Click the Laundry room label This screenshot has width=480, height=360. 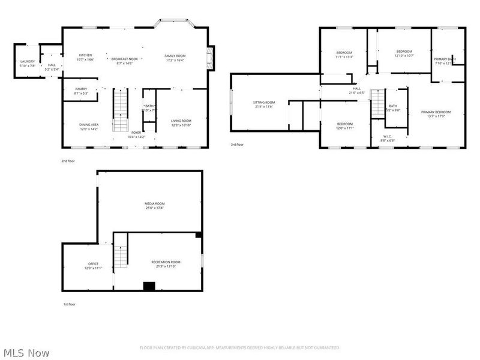(28, 62)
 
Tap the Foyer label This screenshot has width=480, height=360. (137, 135)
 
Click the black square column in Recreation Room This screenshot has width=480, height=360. (149, 286)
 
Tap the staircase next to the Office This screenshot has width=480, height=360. (121, 252)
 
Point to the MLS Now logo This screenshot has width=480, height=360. (25, 351)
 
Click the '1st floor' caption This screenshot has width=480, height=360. (70, 304)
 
